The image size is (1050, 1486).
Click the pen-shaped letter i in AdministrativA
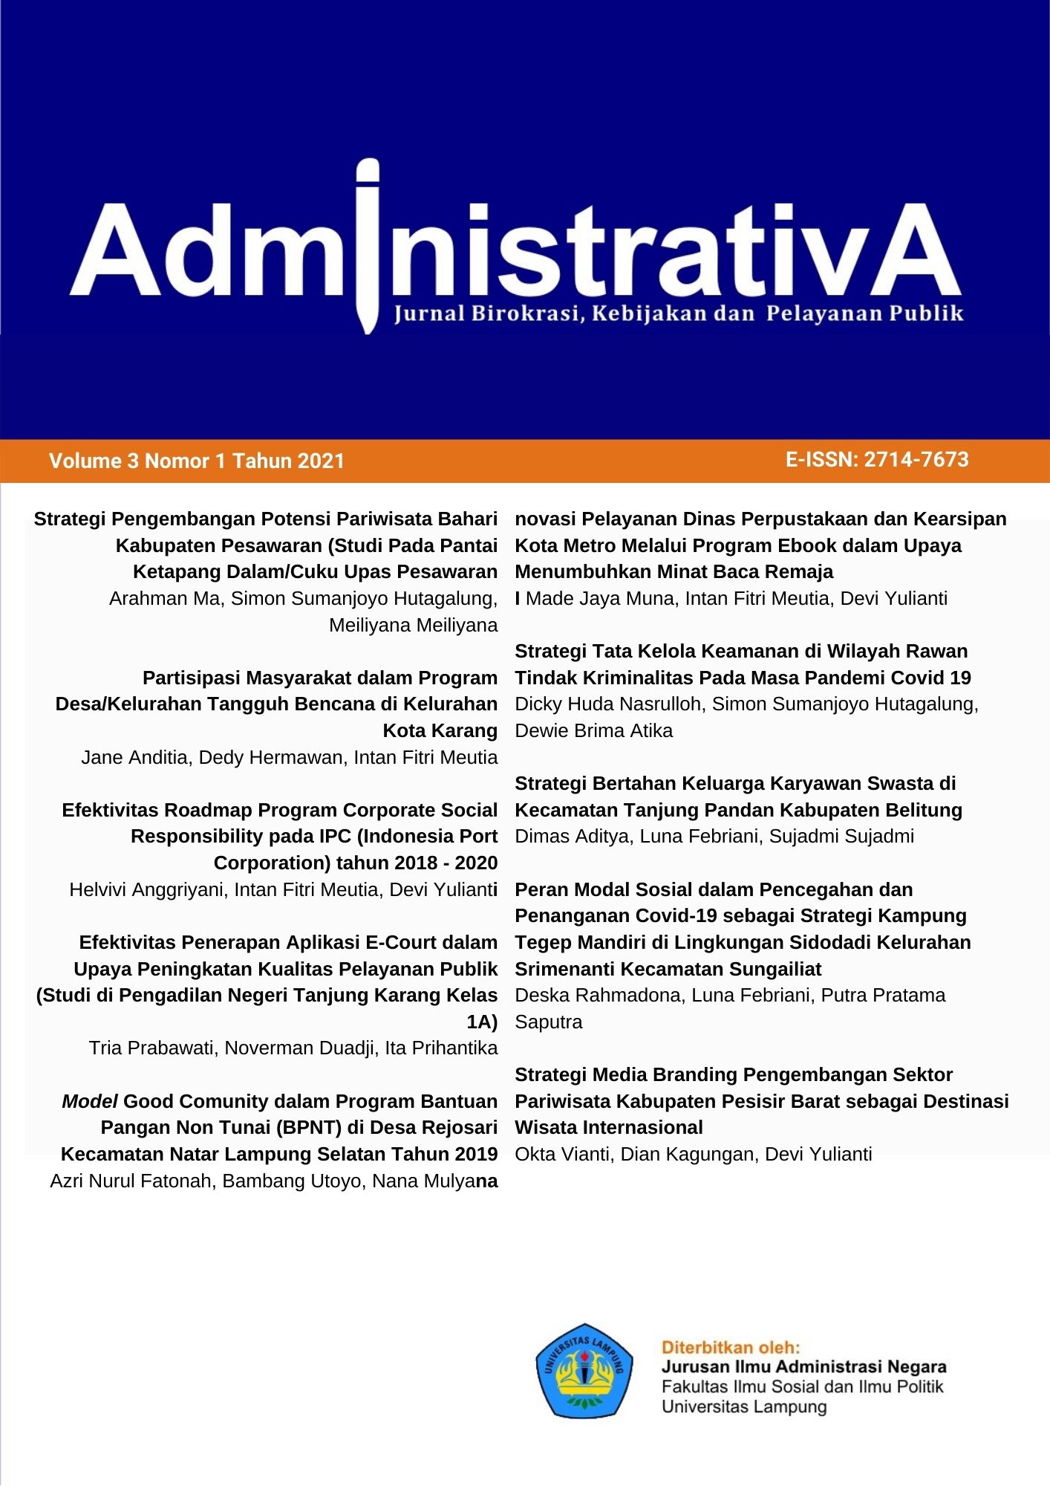coord(368,245)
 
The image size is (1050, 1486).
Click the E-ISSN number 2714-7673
coord(916,460)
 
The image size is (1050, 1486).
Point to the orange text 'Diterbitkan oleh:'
coord(731,1348)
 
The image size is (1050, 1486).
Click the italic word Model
coord(90,1101)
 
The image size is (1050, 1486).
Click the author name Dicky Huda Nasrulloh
coord(608,704)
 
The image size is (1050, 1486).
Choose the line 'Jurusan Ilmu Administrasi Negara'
coord(803,1367)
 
